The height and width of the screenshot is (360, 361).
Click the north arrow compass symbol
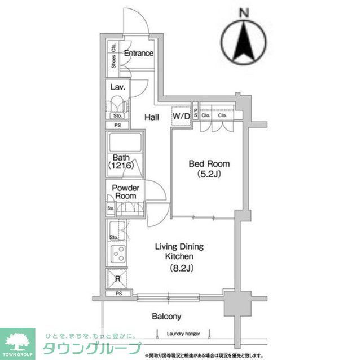point(244,42)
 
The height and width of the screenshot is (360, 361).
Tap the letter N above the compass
point(244,11)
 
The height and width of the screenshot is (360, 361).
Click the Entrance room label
point(138,54)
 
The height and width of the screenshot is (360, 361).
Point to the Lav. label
point(117,87)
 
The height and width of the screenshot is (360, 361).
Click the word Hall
point(151,117)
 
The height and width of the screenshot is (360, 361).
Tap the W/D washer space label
point(181,116)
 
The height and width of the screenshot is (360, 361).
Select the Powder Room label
point(125,192)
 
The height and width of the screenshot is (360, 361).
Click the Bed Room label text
point(209,164)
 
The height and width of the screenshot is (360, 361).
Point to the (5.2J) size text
point(209,174)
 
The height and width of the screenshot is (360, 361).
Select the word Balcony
point(166,316)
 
